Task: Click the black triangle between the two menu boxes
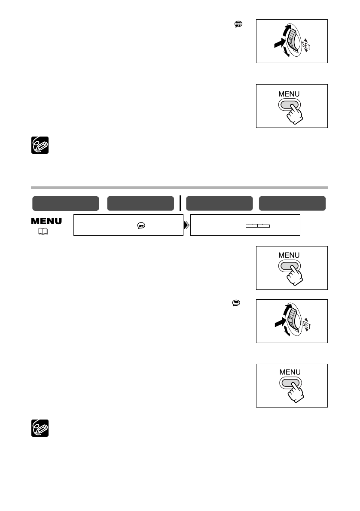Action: (x=187, y=225)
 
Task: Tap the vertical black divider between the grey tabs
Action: (x=180, y=203)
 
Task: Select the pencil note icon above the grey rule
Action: (x=40, y=145)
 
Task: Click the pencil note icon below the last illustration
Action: (x=40, y=428)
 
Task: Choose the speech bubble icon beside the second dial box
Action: (x=235, y=303)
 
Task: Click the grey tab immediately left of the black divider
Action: (x=138, y=203)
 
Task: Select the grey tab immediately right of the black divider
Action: (x=219, y=203)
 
